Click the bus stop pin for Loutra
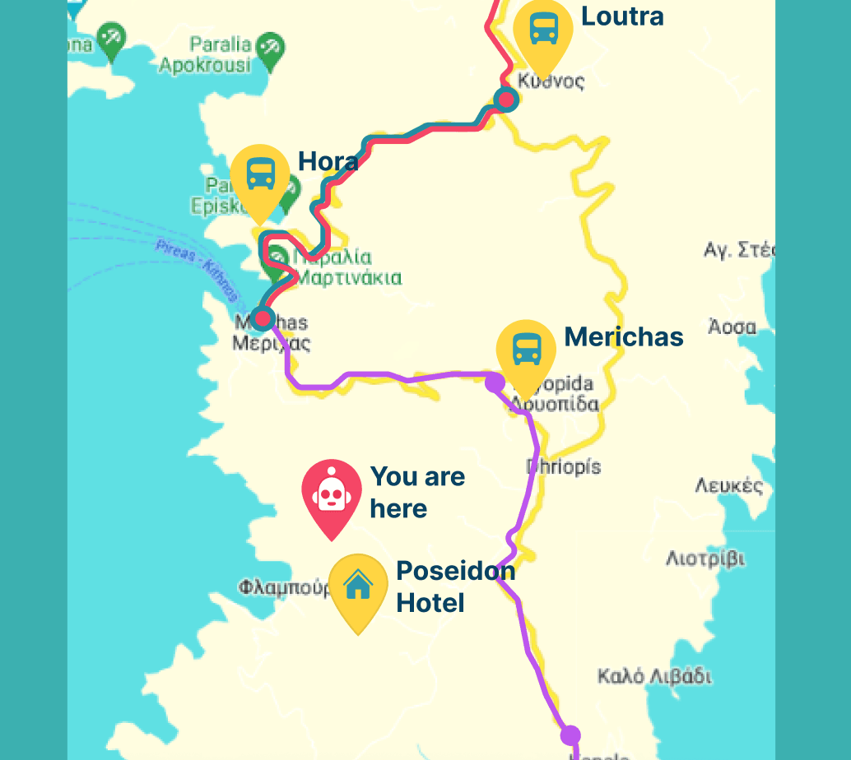pyautogui.click(x=542, y=30)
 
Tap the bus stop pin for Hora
pyautogui.click(x=261, y=175)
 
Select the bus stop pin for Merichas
pyautogui.click(x=526, y=350)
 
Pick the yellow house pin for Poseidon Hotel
pyautogui.click(x=358, y=586)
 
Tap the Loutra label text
pyautogui.click(x=622, y=16)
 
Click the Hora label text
pyautogui.click(x=328, y=161)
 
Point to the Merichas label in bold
pyautogui.click(x=624, y=336)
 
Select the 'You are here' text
pyautogui.click(x=417, y=492)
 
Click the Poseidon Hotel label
pyautogui.click(x=455, y=586)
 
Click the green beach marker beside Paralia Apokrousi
pyautogui.click(x=268, y=48)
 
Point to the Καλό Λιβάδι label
pyautogui.click(x=653, y=677)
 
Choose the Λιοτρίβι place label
pyautogui.click(x=705, y=559)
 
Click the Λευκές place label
pyautogui.click(x=728, y=485)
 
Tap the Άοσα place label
pyautogui.click(x=732, y=327)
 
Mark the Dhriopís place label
pyautogui.click(x=563, y=466)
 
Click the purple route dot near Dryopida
pyautogui.click(x=495, y=382)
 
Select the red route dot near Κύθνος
pyautogui.click(x=505, y=100)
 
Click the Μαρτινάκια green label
pyautogui.click(x=348, y=277)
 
